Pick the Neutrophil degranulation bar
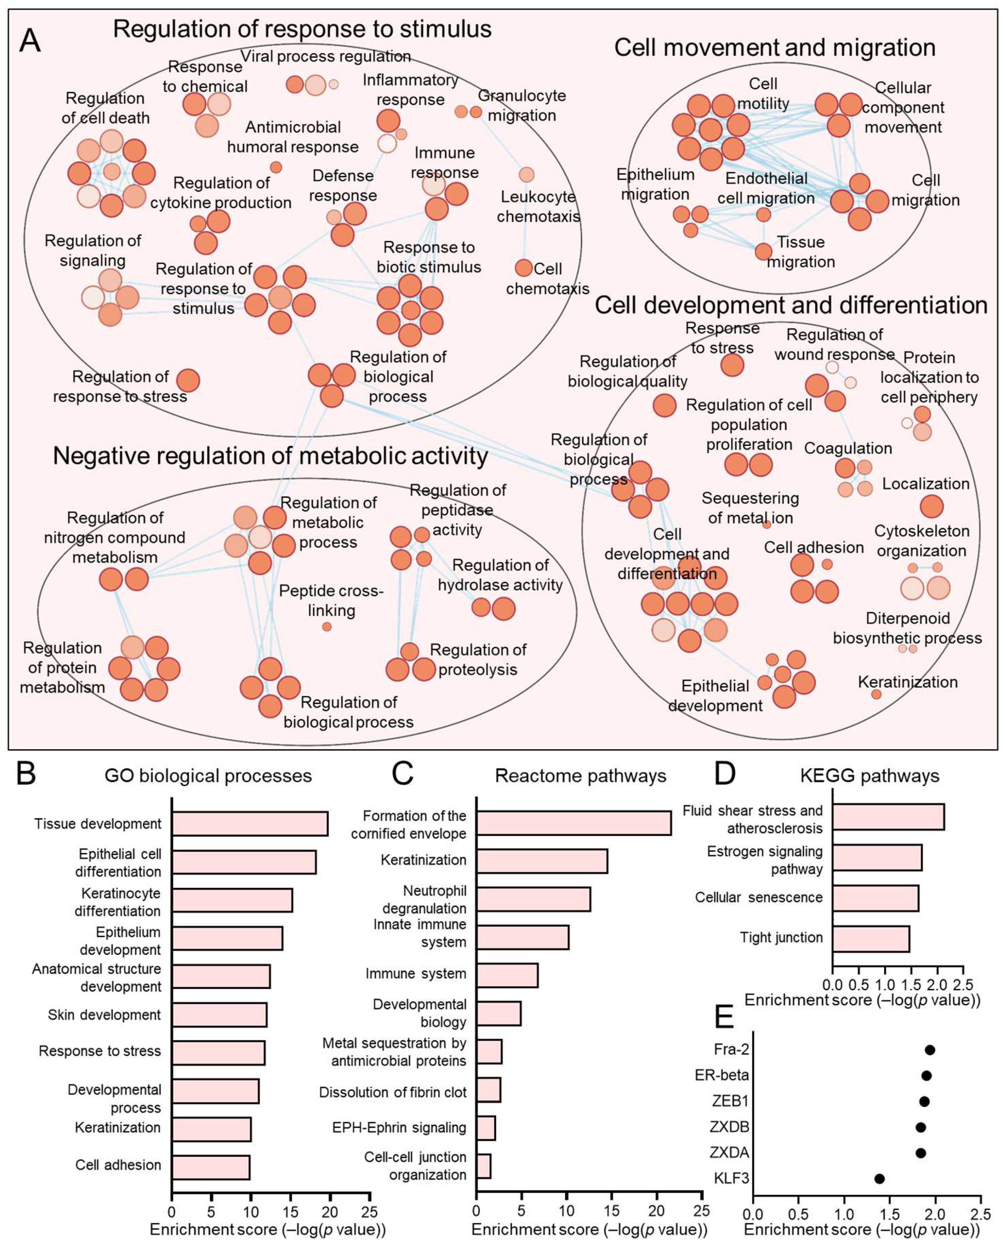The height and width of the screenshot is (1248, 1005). click(x=532, y=899)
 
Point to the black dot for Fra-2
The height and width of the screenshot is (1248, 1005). click(x=930, y=1050)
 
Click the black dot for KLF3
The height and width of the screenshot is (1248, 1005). click(x=879, y=1179)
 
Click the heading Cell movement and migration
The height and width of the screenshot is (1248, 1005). click(x=775, y=48)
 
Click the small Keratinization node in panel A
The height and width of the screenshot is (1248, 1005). click(x=876, y=694)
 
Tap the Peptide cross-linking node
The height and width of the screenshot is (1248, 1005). click(x=327, y=627)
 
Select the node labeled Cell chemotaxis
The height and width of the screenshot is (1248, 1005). click(x=523, y=267)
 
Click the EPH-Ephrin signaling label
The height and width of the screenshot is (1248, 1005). click(x=399, y=1127)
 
